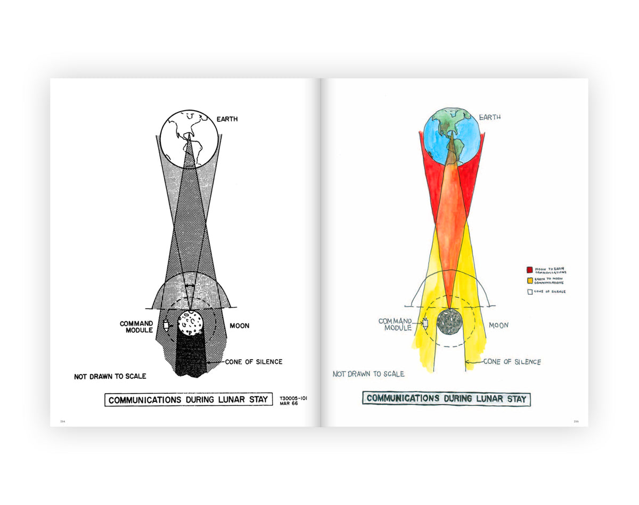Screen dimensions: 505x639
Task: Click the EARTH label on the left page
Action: [227, 119]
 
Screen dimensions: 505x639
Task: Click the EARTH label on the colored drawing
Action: [490, 117]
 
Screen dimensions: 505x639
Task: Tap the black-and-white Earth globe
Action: [189, 136]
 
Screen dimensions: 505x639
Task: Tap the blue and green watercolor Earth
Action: [451, 136]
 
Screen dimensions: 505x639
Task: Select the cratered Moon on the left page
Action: [190, 322]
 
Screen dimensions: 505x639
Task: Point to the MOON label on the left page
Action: [239, 325]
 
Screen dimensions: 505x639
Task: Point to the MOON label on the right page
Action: [498, 325]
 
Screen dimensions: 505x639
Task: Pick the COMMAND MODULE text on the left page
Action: [136, 327]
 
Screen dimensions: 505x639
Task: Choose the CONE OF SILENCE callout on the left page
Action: [253, 362]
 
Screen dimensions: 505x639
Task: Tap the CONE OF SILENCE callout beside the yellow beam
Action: [512, 362]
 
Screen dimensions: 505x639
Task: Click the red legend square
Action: [530, 270]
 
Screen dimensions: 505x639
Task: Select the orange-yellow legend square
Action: [530, 280]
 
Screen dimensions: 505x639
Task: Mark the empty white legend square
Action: [530, 291]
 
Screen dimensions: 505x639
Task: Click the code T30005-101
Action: [293, 397]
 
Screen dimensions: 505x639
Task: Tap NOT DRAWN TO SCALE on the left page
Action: [110, 376]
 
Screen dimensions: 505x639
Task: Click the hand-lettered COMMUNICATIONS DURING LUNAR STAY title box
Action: [446, 399]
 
